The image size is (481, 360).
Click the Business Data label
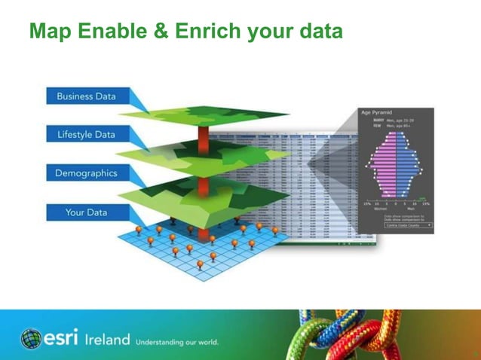[x=86, y=96]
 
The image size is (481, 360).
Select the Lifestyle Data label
[x=86, y=135]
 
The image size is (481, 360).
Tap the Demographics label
[x=86, y=173]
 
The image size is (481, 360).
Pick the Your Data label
[x=86, y=212]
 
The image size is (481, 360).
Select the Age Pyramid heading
[x=377, y=112]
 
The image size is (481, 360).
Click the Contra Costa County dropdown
[x=408, y=224]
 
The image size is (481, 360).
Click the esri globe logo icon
[x=31, y=339]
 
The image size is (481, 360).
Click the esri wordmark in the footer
[x=62, y=338]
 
